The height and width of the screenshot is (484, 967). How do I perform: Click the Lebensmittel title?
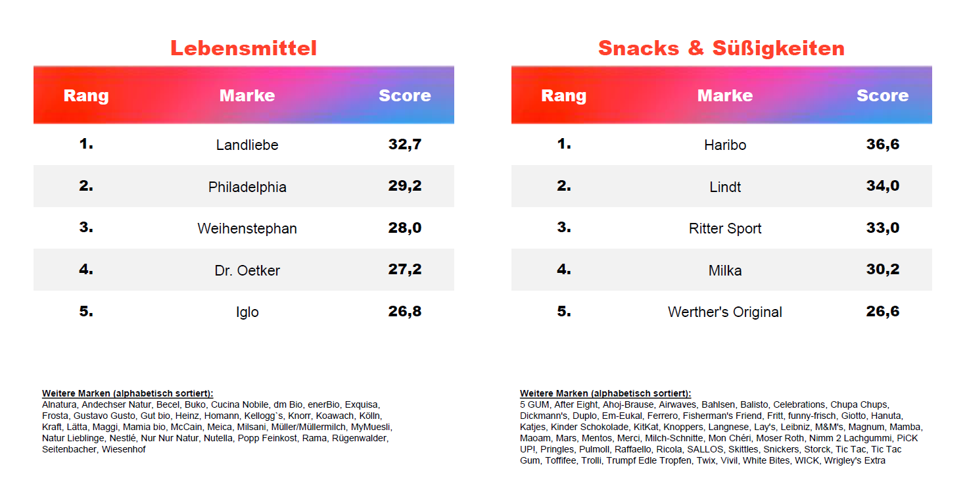coord(243,48)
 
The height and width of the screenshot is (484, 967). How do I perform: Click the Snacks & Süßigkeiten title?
coord(721,48)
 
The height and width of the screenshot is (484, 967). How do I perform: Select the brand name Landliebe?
coord(247,145)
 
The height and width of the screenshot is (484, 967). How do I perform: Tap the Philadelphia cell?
coord(247,187)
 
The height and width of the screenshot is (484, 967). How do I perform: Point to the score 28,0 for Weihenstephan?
coord(404,228)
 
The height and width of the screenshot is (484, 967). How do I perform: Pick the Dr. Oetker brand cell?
coord(247,270)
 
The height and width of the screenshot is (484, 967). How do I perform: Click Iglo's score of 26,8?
coord(404,312)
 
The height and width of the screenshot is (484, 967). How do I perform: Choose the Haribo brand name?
coord(725,145)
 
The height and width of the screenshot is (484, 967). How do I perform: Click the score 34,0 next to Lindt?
coord(882,186)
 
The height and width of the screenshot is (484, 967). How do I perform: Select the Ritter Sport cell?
coord(725,228)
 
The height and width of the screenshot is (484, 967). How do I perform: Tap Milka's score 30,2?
coord(882,270)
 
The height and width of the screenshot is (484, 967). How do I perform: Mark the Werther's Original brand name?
coord(725,312)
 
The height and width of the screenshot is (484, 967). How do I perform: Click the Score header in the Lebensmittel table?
coord(404,95)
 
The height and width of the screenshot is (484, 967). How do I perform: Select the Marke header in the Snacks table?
coord(725,95)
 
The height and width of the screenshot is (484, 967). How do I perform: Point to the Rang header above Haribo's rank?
coord(563,95)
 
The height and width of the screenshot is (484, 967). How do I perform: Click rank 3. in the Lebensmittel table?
coord(86,228)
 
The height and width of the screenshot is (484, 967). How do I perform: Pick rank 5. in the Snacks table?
coord(564,311)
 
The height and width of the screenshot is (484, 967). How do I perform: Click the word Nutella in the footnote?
coord(218,438)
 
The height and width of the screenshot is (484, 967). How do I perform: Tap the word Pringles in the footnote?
coord(556,449)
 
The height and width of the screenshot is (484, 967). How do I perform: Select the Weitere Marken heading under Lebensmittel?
coord(128,393)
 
